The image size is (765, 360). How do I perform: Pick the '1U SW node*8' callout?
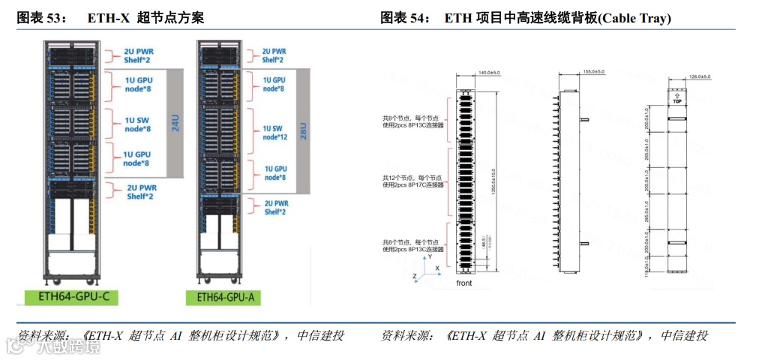[138, 123]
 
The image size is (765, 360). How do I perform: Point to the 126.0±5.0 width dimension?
[699, 76]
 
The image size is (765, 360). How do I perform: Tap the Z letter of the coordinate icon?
[415, 276]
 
